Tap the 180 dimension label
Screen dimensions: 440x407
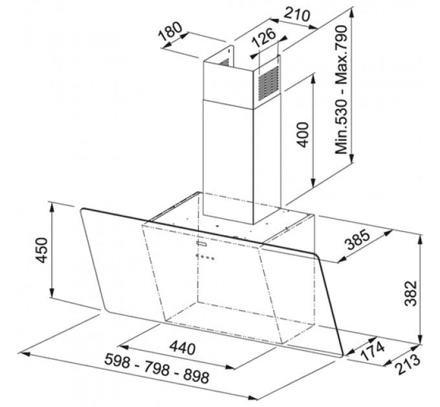click(x=170, y=31)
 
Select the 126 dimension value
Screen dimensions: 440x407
click(x=264, y=37)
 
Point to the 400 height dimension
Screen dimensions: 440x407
click(x=303, y=134)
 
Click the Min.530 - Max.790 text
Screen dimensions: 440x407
click(x=342, y=90)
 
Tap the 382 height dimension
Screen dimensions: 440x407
click(x=410, y=293)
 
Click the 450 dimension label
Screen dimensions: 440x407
click(x=42, y=250)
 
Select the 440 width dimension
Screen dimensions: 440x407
click(x=182, y=348)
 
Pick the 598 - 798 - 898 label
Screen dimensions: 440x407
click(x=157, y=368)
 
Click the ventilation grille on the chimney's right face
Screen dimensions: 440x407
click(x=269, y=84)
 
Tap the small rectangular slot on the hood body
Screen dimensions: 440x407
click(x=202, y=244)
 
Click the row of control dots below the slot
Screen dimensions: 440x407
click(x=205, y=257)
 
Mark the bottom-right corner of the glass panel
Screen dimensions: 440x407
click(x=342, y=355)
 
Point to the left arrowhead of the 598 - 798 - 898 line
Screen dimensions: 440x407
click(x=24, y=354)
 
